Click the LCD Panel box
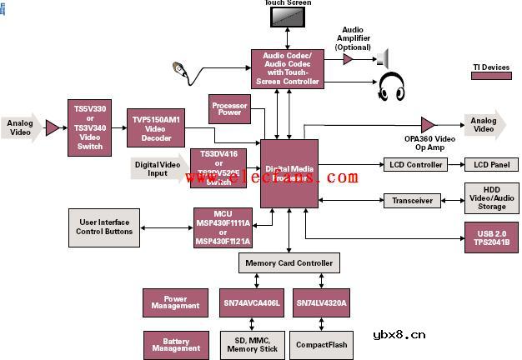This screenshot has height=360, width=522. click(487, 164)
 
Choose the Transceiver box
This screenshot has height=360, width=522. click(411, 200)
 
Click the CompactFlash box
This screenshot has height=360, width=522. click(322, 343)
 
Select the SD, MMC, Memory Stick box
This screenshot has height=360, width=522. click(253, 343)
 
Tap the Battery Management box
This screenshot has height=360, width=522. click(175, 343)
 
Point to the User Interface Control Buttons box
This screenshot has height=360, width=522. click(105, 226)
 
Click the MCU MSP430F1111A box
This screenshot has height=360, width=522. click(223, 227)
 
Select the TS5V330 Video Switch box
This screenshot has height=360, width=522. click(90, 127)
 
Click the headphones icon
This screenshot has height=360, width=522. click(392, 86)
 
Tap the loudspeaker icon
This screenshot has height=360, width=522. click(383, 58)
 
